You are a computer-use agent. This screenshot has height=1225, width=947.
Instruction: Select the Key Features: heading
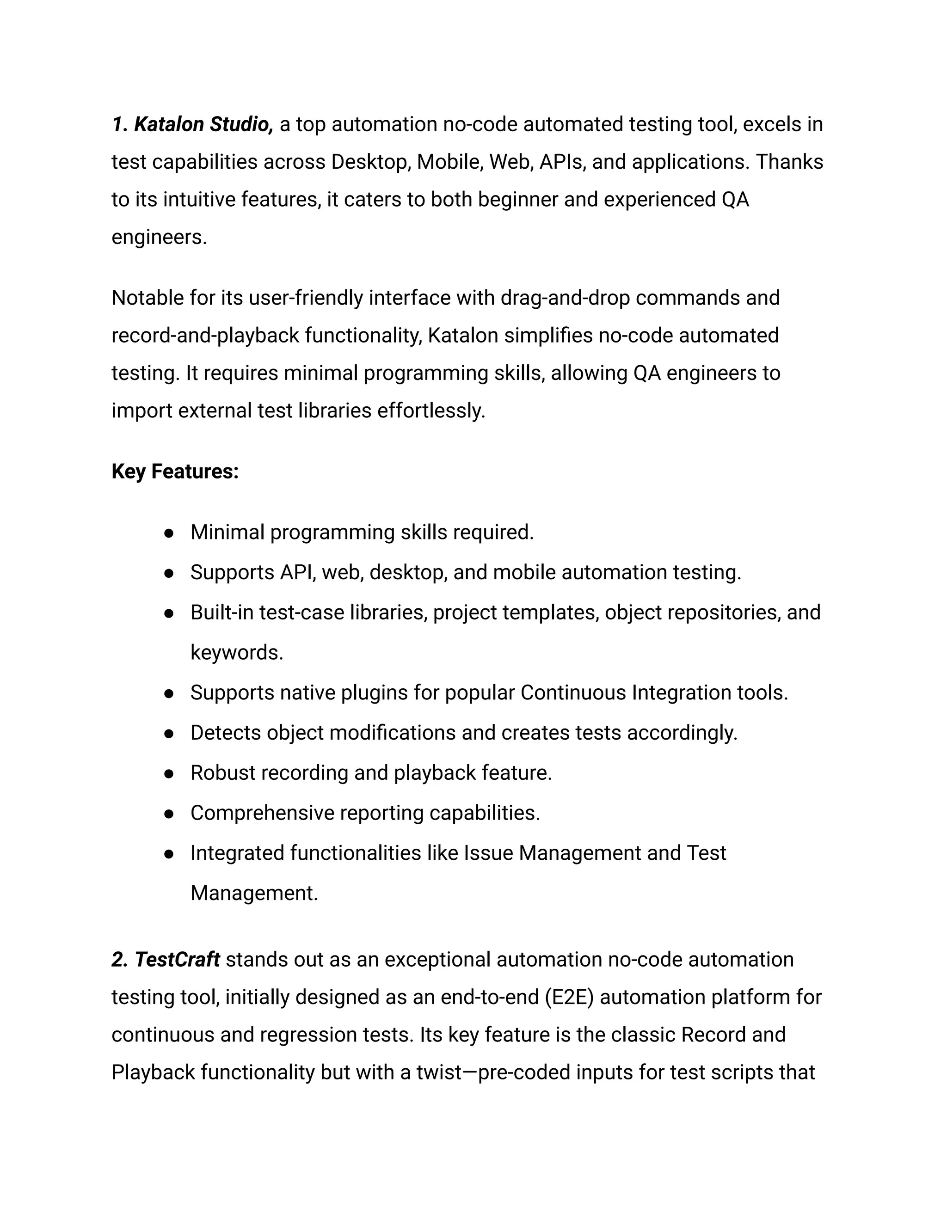(175, 471)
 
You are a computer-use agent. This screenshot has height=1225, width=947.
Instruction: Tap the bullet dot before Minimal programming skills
(168, 533)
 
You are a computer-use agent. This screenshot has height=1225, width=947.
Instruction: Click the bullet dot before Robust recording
(168, 773)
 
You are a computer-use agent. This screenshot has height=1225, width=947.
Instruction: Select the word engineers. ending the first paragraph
(159, 237)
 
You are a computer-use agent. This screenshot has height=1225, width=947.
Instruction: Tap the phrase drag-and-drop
(565, 298)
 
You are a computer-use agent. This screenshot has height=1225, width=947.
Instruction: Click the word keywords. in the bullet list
(237, 652)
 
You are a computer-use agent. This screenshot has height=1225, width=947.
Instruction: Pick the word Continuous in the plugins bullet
(573, 693)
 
